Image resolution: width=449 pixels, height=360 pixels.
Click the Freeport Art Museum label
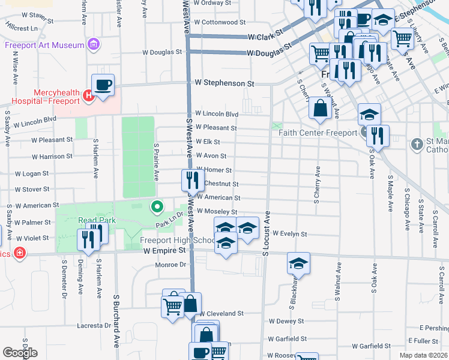[44, 44]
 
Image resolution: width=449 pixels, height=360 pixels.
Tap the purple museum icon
[92, 44]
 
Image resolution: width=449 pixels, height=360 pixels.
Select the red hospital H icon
[88, 94]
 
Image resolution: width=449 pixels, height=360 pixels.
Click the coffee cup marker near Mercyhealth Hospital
[103, 85]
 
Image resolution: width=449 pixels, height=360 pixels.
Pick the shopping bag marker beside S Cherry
[321, 108]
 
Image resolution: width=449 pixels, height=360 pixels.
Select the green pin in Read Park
[157, 207]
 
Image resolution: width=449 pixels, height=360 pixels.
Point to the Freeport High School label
[177, 241]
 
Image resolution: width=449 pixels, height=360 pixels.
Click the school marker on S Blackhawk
[298, 263]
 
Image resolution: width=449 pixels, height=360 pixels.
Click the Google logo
[20, 352]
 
